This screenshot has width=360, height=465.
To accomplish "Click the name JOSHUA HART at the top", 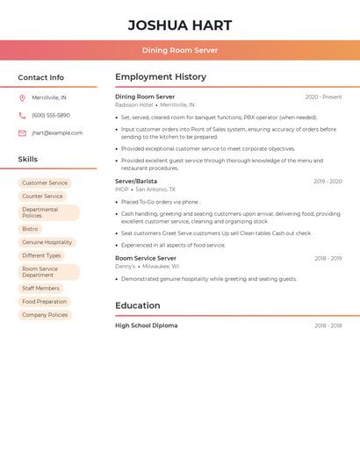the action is (x=179, y=25).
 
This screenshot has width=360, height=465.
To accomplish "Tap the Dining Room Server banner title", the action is (x=179, y=50).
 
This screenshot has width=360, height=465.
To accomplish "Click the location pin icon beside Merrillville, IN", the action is (x=22, y=98).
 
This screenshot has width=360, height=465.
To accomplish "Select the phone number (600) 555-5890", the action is (x=51, y=115).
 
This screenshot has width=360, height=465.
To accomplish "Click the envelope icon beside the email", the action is (x=22, y=133).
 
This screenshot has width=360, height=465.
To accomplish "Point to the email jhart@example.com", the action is (x=57, y=133).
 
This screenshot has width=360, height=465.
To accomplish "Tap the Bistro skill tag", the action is (x=30, y=229).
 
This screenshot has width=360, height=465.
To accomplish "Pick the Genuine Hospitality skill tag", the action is (x=47, y=242).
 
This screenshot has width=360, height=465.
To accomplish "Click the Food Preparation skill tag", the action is (x=45, y=301).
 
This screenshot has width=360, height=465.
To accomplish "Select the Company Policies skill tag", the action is (x=45, y=314).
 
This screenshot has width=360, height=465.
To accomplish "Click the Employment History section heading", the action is (x=161, y=77).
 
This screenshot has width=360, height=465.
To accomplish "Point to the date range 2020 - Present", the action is (x=323, y=97).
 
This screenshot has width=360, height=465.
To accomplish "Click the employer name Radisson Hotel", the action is (x=133, y=105).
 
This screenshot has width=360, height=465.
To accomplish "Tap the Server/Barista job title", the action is (x=136, y=182).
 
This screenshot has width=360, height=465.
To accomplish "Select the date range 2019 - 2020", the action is (x=328, y=182).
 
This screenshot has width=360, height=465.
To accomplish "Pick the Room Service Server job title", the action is (x=146, y=259).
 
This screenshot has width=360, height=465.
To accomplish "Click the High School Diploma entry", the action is (x=146, y=325).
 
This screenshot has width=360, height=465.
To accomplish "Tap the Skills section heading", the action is (x=28, y=160).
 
